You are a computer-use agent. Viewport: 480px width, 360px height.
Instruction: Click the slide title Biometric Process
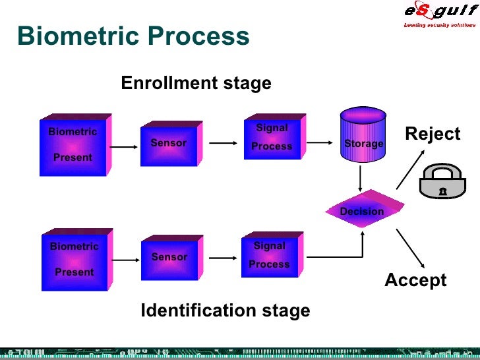(133, 36)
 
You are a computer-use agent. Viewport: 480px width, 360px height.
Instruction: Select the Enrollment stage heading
(196, 84)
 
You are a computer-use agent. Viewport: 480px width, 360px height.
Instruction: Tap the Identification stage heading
(225, 311)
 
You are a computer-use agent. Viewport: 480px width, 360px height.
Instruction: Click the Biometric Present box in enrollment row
(73, 145)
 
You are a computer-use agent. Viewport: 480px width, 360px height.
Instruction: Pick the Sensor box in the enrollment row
(169, 144)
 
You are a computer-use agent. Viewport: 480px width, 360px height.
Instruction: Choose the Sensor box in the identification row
(169, 258)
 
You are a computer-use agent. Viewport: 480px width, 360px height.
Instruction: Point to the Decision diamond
(361, 211)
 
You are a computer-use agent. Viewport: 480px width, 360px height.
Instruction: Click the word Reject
(433, 135)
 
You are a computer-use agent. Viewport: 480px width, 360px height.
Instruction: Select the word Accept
(415, 280)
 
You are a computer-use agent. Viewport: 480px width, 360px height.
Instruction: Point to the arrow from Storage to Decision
(361, 178)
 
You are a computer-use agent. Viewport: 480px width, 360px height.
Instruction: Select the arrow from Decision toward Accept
(411, 247)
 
